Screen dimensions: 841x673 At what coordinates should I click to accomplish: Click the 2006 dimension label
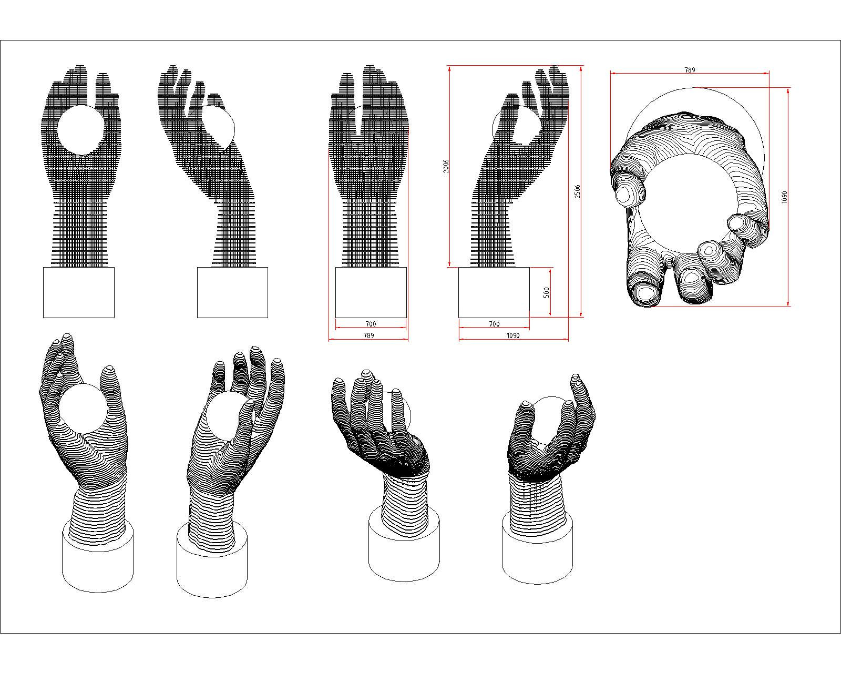point(446,166)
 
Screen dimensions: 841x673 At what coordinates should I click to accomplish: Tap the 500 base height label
point(546,292)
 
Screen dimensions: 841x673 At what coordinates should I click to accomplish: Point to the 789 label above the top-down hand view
point(690,70)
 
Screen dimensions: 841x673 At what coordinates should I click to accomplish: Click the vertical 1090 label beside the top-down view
point(784,197)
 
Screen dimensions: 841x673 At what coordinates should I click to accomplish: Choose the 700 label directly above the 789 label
point(371,324)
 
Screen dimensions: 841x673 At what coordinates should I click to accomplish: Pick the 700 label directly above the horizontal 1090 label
point(494,324)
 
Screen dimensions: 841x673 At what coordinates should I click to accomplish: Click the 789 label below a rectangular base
point(368,335)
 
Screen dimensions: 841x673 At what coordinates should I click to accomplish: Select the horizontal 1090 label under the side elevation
point(512,335)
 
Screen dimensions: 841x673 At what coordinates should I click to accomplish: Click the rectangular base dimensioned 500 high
point(494,292)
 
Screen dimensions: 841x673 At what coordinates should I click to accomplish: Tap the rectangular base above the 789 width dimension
point(371,292)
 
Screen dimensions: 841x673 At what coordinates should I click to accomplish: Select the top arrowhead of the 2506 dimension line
point(581,69)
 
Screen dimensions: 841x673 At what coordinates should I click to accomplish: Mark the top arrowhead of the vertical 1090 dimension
point(788,91)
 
